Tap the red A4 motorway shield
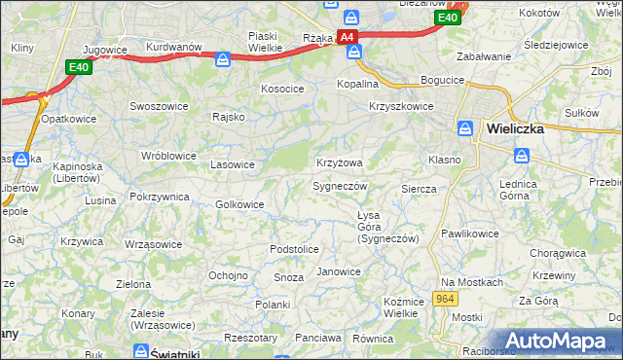tap(348, 37)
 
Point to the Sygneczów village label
tap(340, 185)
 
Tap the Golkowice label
tap(239, 204)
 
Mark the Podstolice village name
tap(294, 249)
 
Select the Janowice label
tap(339, 271)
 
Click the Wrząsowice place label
tap(154, 244)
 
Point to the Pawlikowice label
tap(469, 234)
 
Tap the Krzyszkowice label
tap(401, 107)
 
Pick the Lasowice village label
tap(233, 164)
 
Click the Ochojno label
tap(228, 275)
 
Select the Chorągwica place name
tap(558, 253)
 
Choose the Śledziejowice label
tap(556, 45)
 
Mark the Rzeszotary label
tap(250, 338)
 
